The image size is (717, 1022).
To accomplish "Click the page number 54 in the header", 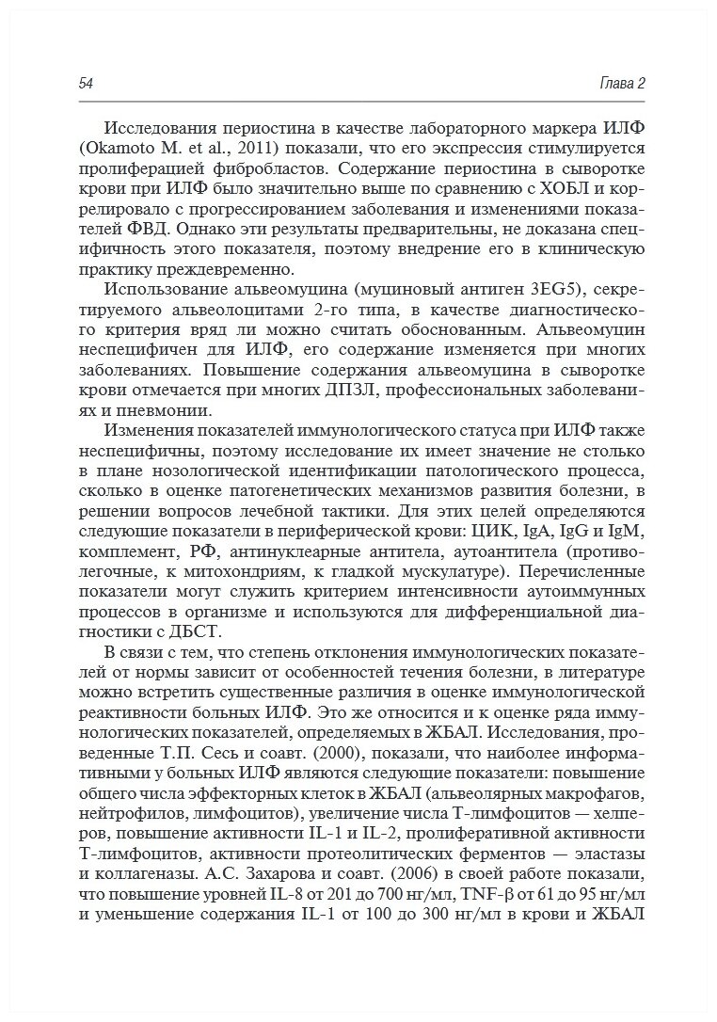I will tap(86, 84).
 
